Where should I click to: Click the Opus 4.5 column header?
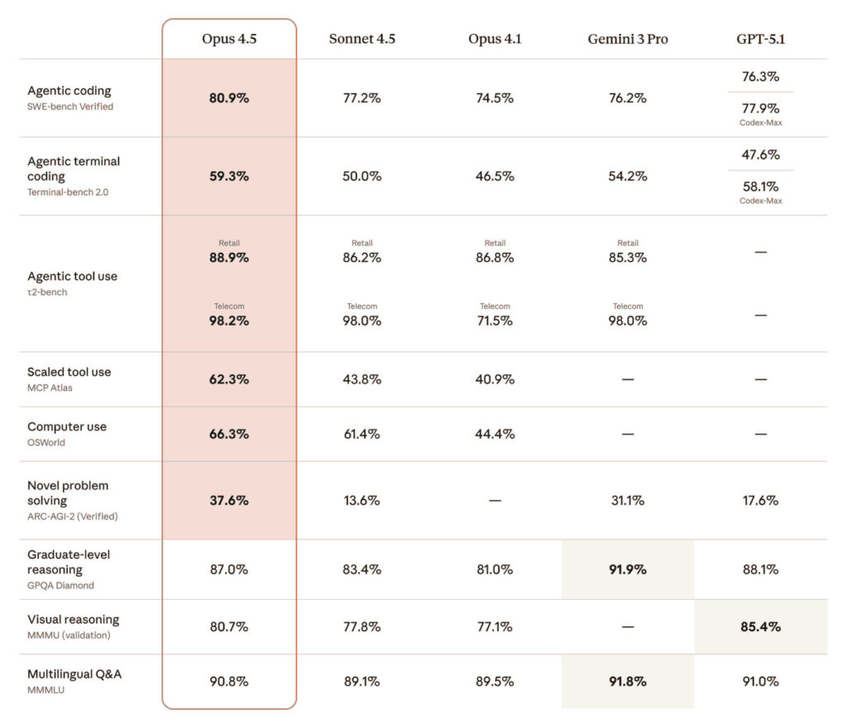[x=229, y=39]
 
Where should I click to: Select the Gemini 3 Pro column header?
[x=628, y=39]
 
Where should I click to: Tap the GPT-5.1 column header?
[x=760, y=39]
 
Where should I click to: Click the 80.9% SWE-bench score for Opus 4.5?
[x=229, y=98]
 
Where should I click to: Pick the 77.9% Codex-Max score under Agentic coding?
[x=760, y=108]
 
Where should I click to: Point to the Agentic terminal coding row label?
[x=74, y=169]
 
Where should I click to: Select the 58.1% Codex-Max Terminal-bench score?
[x=760, y=187]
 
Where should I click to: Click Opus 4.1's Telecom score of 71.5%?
[x=495, y=321]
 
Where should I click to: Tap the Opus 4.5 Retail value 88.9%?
[x=229, y=257]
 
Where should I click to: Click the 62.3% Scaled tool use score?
[x=229, y=379]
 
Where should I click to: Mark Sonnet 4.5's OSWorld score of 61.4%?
[x=361, y=434]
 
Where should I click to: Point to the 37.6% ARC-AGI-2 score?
[x=229, y=500]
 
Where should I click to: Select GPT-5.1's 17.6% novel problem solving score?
[x=760, y=500]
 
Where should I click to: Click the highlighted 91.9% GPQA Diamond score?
[x=628, y=569]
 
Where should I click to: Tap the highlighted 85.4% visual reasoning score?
[x=760, y=626]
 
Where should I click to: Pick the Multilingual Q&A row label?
[x=74, y=674]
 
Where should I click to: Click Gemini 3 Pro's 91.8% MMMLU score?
[x=628, y=682]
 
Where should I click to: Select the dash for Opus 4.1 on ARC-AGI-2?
[x=495, y=501]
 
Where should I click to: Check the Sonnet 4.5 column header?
[x=361, y=39]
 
